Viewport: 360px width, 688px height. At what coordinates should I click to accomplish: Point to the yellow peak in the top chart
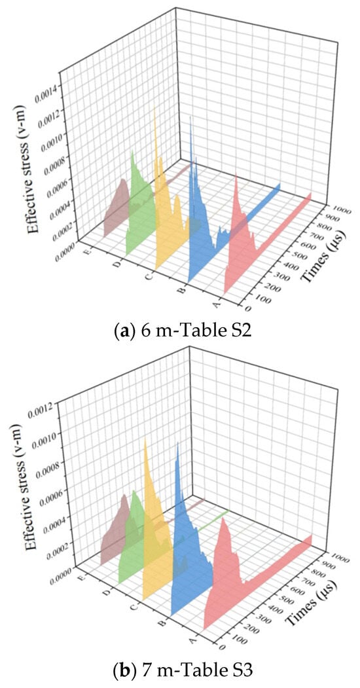click(x=154, y=107)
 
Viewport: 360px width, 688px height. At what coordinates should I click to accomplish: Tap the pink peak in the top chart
click(x=236, y=175)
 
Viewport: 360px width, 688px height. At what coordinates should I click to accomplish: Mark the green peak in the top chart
click(x=132, y=152)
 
